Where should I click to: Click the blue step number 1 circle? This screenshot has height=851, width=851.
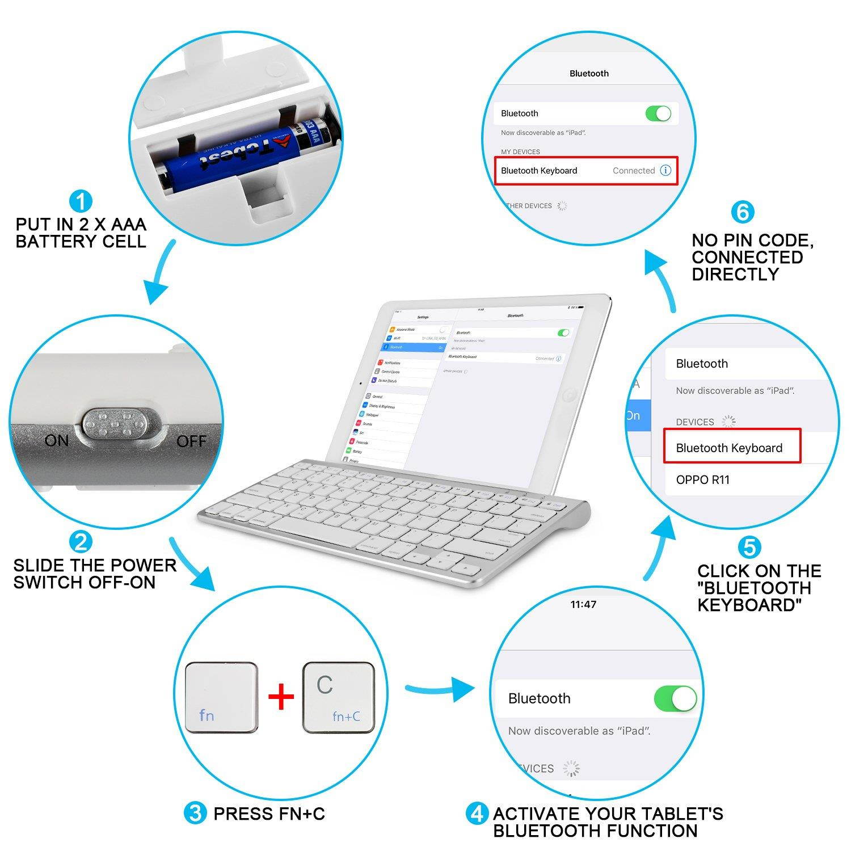[x=81, y=201]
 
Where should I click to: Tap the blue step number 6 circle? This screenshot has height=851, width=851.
[x=742, y=212]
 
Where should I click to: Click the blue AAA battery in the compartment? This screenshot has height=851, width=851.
[x=238, y=153]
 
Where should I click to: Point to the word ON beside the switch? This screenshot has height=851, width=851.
[x=57, y=441]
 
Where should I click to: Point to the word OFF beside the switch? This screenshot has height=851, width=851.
[x=191, y=441]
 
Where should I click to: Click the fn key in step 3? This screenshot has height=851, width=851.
[x=221, y=697]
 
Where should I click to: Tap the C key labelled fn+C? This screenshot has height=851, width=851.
[x=339, y=697]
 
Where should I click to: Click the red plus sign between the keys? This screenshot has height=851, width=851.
[x=281, y=697]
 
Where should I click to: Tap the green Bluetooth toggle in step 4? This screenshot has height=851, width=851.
[x=675, y=698]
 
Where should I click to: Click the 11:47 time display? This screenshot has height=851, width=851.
[x=583, y=605]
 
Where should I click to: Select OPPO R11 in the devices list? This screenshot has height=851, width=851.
[x=702, y=480]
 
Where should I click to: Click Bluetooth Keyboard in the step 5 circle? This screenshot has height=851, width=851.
[x=729, y=448]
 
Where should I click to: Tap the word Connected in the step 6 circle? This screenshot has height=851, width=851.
[x=633, y=171]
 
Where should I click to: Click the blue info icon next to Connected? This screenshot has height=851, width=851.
[x=665, y=170]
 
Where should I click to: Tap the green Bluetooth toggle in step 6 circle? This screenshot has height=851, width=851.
[x=658, y=113]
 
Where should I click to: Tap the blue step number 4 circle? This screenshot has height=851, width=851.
[x=477, y=814]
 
